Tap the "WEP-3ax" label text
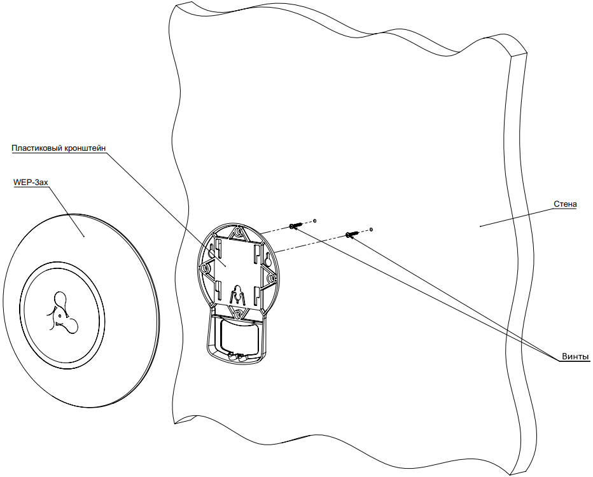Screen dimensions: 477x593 click(31, 182)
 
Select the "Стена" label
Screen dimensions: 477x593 click(565, 204)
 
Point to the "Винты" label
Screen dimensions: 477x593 click(575, 356)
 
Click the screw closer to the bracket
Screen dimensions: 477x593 click(295, 226)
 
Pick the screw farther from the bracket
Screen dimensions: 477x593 click(352, 235)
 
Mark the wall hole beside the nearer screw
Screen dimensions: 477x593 click(314, 221)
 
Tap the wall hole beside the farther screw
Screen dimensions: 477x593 click(372, 229)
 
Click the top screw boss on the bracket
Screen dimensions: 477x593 click(238, 234)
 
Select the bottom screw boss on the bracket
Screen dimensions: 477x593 click(237, 314)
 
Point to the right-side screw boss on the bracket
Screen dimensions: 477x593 click(271, 279)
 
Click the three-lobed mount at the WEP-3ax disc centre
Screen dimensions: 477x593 click(61, 312)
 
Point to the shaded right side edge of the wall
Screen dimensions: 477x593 click(517, 254)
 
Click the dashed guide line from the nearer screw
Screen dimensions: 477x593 click(274, 231)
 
